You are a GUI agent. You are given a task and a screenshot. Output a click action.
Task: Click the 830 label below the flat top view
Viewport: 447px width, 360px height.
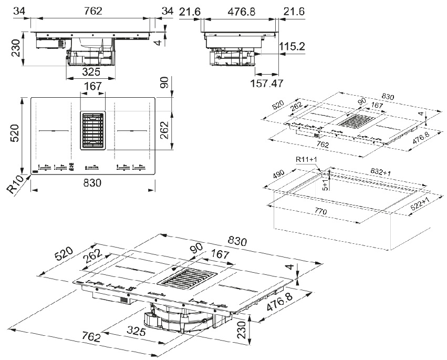point(92,183)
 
